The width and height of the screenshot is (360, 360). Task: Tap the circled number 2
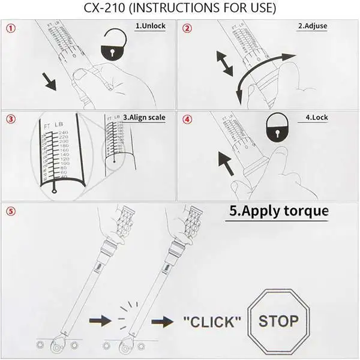tap(188, 28)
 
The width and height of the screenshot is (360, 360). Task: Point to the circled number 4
tap(188, 119)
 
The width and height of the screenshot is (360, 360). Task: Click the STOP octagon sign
tap(278, 320)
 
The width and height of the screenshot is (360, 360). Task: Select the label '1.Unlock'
tap(149, 26)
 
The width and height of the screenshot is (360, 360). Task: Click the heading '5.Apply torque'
tap(279, 211)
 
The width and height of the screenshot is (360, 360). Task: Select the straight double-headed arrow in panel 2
tap(224, 63)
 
